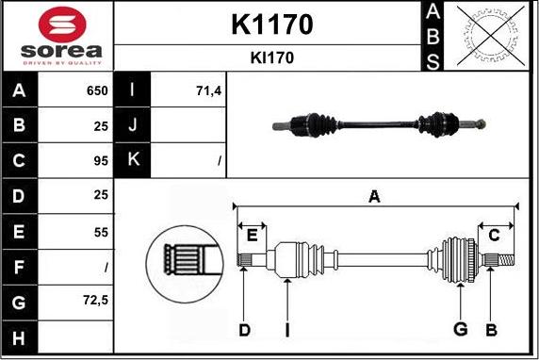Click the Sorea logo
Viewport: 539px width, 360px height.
pos(57,36)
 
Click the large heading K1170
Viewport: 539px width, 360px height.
pos(271,25)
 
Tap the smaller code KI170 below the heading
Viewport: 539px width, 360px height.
pos(271,57)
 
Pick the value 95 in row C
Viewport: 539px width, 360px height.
pos(101,161)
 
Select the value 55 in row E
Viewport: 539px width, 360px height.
pos(101,231)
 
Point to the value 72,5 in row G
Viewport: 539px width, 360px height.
pos(96,301)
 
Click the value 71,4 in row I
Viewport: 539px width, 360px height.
pos(207,91)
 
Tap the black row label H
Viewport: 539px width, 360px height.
pos(19,336)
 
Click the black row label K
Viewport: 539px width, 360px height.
pos(131,161)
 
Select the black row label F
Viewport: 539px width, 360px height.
pos(19,267)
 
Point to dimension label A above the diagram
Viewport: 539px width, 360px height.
pos(374,196)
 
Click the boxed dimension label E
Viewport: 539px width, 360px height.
pos(253,235)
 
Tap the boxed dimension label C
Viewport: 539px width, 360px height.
pos(494,235)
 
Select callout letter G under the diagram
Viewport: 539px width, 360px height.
pos(460,329)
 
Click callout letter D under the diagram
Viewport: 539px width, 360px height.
pos(244,329)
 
